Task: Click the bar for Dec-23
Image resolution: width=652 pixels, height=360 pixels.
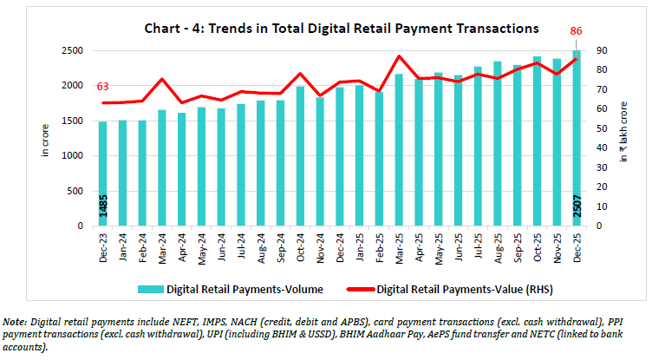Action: coord(102,173)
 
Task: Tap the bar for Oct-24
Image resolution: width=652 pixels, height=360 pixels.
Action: coord(300,156)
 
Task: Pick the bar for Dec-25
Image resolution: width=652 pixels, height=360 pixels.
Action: coord(577,139)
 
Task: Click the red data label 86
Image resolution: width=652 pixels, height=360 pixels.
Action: coord(576,31)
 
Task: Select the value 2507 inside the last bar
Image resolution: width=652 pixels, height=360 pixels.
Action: coord(577,208)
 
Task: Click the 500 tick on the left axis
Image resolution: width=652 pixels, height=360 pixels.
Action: coord(75,191)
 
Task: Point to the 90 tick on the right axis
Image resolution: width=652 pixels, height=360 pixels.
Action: coord(598,50)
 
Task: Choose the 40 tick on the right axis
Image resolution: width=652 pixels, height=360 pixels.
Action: coord(598,148)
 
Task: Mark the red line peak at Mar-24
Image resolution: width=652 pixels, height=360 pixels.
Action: coord(161,79)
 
